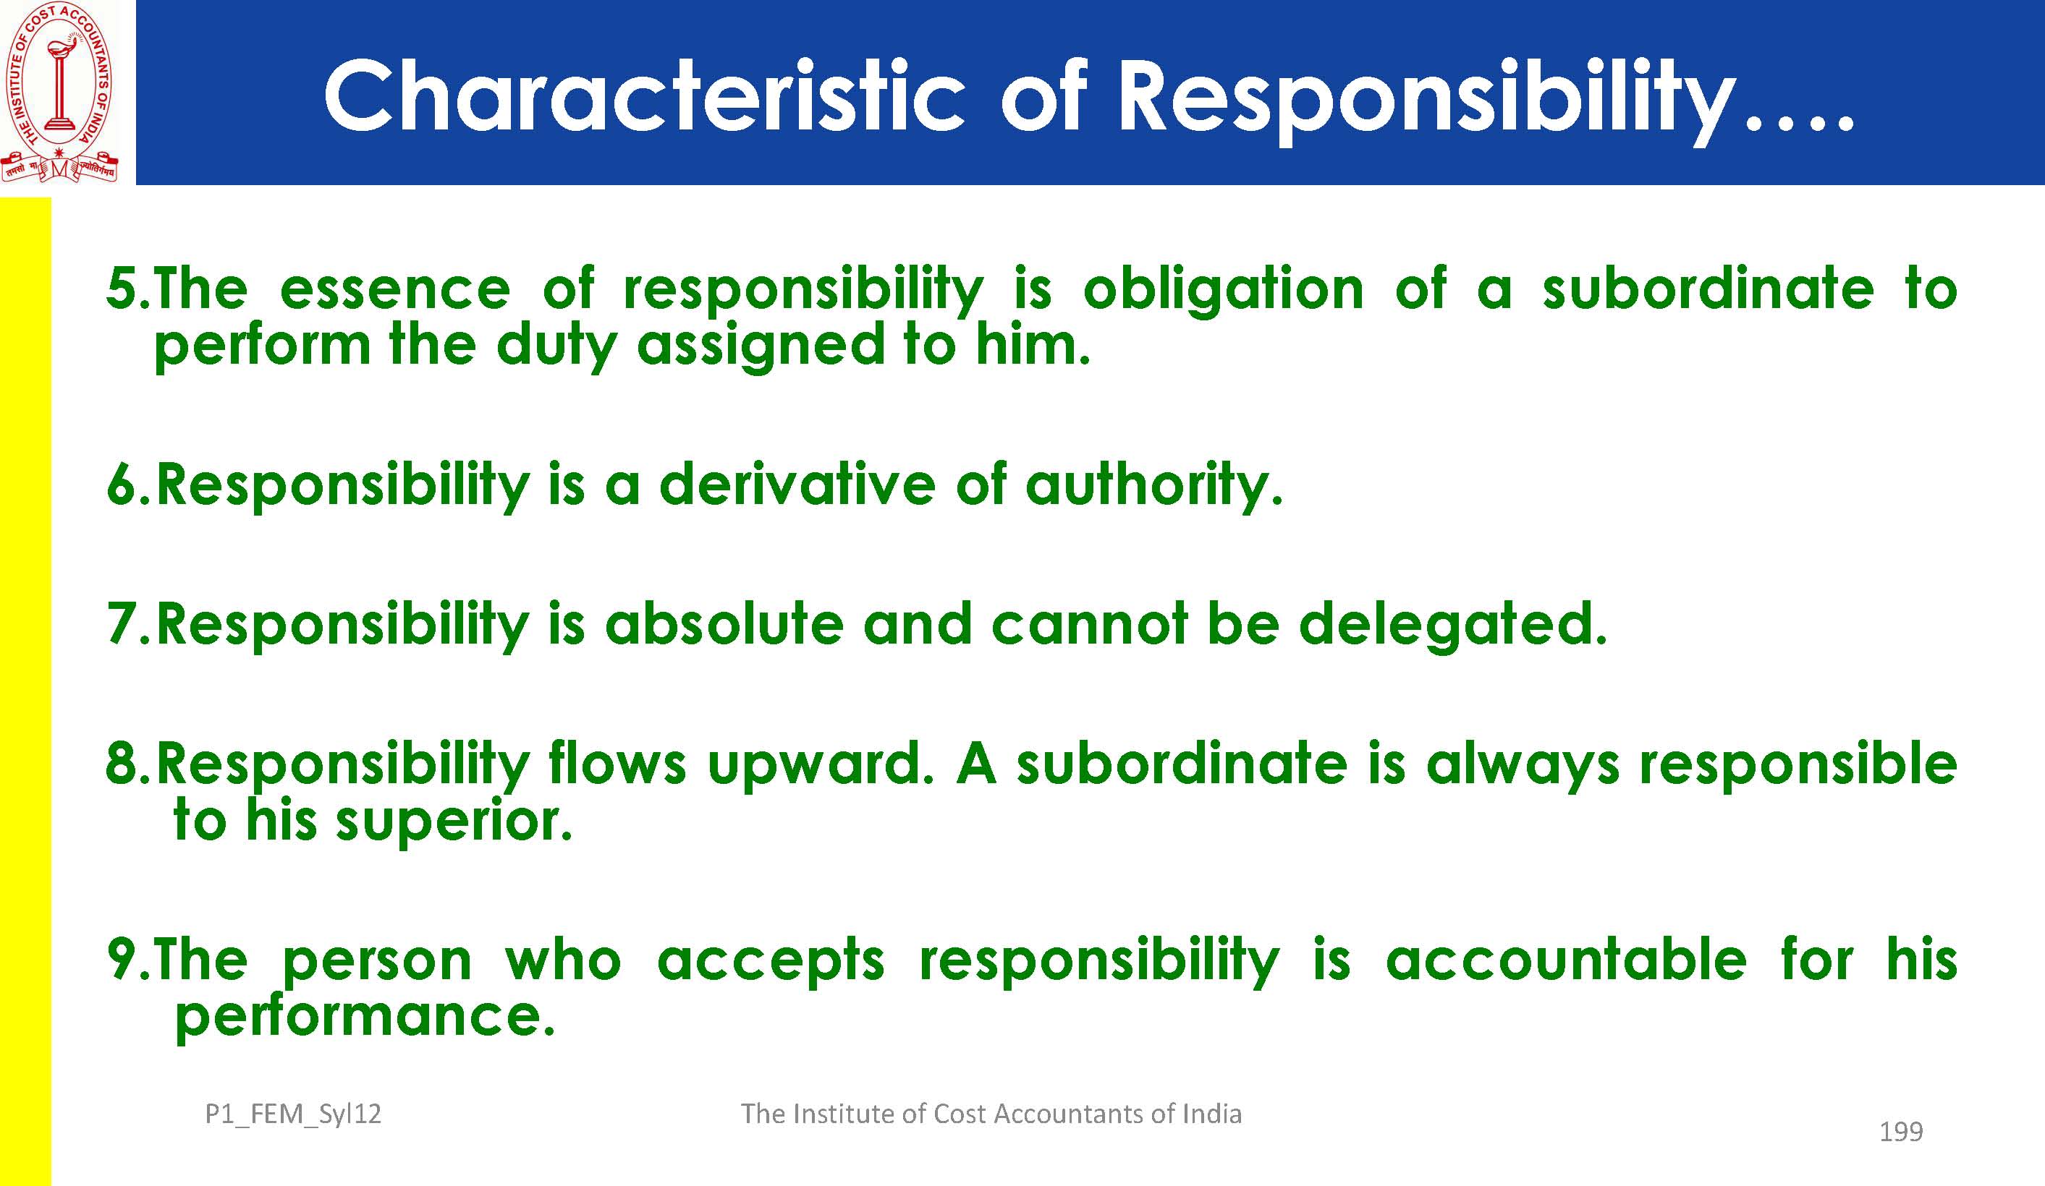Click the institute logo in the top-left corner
tap(59, 92)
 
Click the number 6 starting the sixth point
tap(121, 485)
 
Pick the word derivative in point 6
tap(797, 485)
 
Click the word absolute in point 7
tap(724, 624)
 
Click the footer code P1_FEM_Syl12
tap(293, 1114)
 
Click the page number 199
tap(1902, 1132)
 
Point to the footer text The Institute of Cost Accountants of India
tap(991, 1114)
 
